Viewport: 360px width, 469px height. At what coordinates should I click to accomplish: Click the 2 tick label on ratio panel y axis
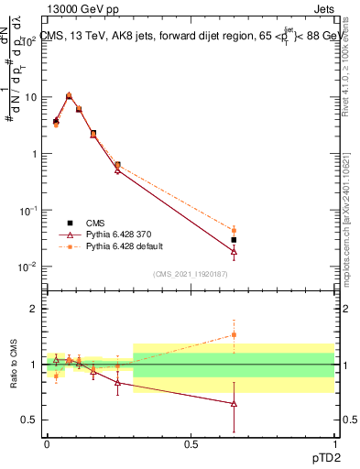[x=33, y=309]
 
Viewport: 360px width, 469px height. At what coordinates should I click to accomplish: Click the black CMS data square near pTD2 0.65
[x=235, y=240]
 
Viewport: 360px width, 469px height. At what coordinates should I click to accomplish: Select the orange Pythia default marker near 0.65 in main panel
[x=235, y=231]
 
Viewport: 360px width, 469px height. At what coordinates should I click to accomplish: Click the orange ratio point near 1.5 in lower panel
[x=235, y=334]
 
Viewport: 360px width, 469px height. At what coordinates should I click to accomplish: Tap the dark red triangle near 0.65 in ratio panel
[x=235, y=403]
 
